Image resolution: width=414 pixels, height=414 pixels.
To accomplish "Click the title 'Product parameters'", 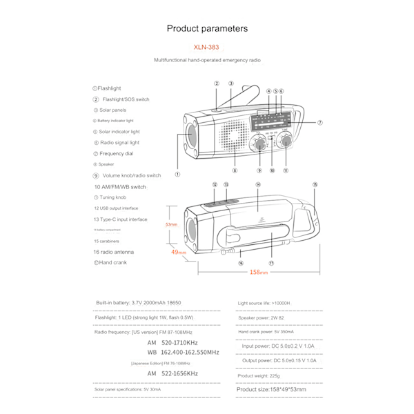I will (207, 28).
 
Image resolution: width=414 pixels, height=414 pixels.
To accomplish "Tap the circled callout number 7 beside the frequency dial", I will (320, 123).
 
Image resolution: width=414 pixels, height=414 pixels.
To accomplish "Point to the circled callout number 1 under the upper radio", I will (177, 175).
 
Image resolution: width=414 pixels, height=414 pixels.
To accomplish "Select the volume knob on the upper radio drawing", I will (259, 144).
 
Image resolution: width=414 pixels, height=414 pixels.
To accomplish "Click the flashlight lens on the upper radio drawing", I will (191, 134).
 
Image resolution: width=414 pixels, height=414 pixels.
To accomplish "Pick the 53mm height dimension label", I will (171, 225).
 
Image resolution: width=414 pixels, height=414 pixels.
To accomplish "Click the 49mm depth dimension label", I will (179, 253).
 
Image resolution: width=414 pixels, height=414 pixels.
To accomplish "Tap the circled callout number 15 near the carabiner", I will (315, 185).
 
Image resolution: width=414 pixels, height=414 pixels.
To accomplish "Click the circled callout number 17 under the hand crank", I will (272, 263).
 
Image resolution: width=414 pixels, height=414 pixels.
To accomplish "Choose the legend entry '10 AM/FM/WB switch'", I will (120, 186).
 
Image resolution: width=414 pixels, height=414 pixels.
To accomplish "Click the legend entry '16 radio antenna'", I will (114, 252).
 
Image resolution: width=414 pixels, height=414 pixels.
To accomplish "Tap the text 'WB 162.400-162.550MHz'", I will (183, 352).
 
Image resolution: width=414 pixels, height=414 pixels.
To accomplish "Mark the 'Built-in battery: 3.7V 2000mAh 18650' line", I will (139, 303).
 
